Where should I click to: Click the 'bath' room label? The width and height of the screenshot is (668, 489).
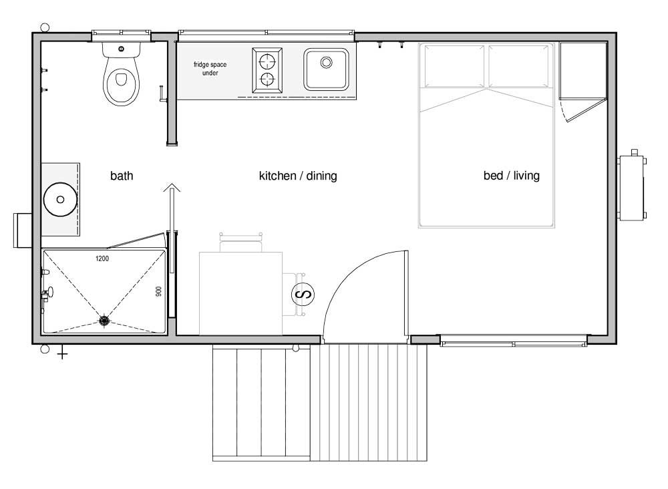pos(122,176)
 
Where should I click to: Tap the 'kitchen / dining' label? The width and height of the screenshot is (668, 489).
pos(298,176)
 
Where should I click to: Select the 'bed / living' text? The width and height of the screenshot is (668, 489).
pos(511,176)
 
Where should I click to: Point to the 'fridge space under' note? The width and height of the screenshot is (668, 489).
pos(210,69)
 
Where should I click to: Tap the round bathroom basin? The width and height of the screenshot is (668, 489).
pos(61,199)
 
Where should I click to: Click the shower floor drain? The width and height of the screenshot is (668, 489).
pos(104,320)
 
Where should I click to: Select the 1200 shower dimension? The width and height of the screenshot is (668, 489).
pos(102,259)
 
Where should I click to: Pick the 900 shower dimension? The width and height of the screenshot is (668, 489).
pos(158,291)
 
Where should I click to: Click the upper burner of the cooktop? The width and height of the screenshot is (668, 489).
pos(267,61)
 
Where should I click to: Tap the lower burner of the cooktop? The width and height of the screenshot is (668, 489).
pos(267,79)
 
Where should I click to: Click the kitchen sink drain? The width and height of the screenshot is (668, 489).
pos(327,62)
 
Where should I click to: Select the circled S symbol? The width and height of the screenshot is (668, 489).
pos(303,294)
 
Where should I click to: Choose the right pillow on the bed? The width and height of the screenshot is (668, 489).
pos(518,66)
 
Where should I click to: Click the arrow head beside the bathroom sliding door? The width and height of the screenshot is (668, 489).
pos(172,187)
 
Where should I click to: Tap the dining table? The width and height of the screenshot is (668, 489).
pos(240,293)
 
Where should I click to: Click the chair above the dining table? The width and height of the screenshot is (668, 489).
pos(240,242)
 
